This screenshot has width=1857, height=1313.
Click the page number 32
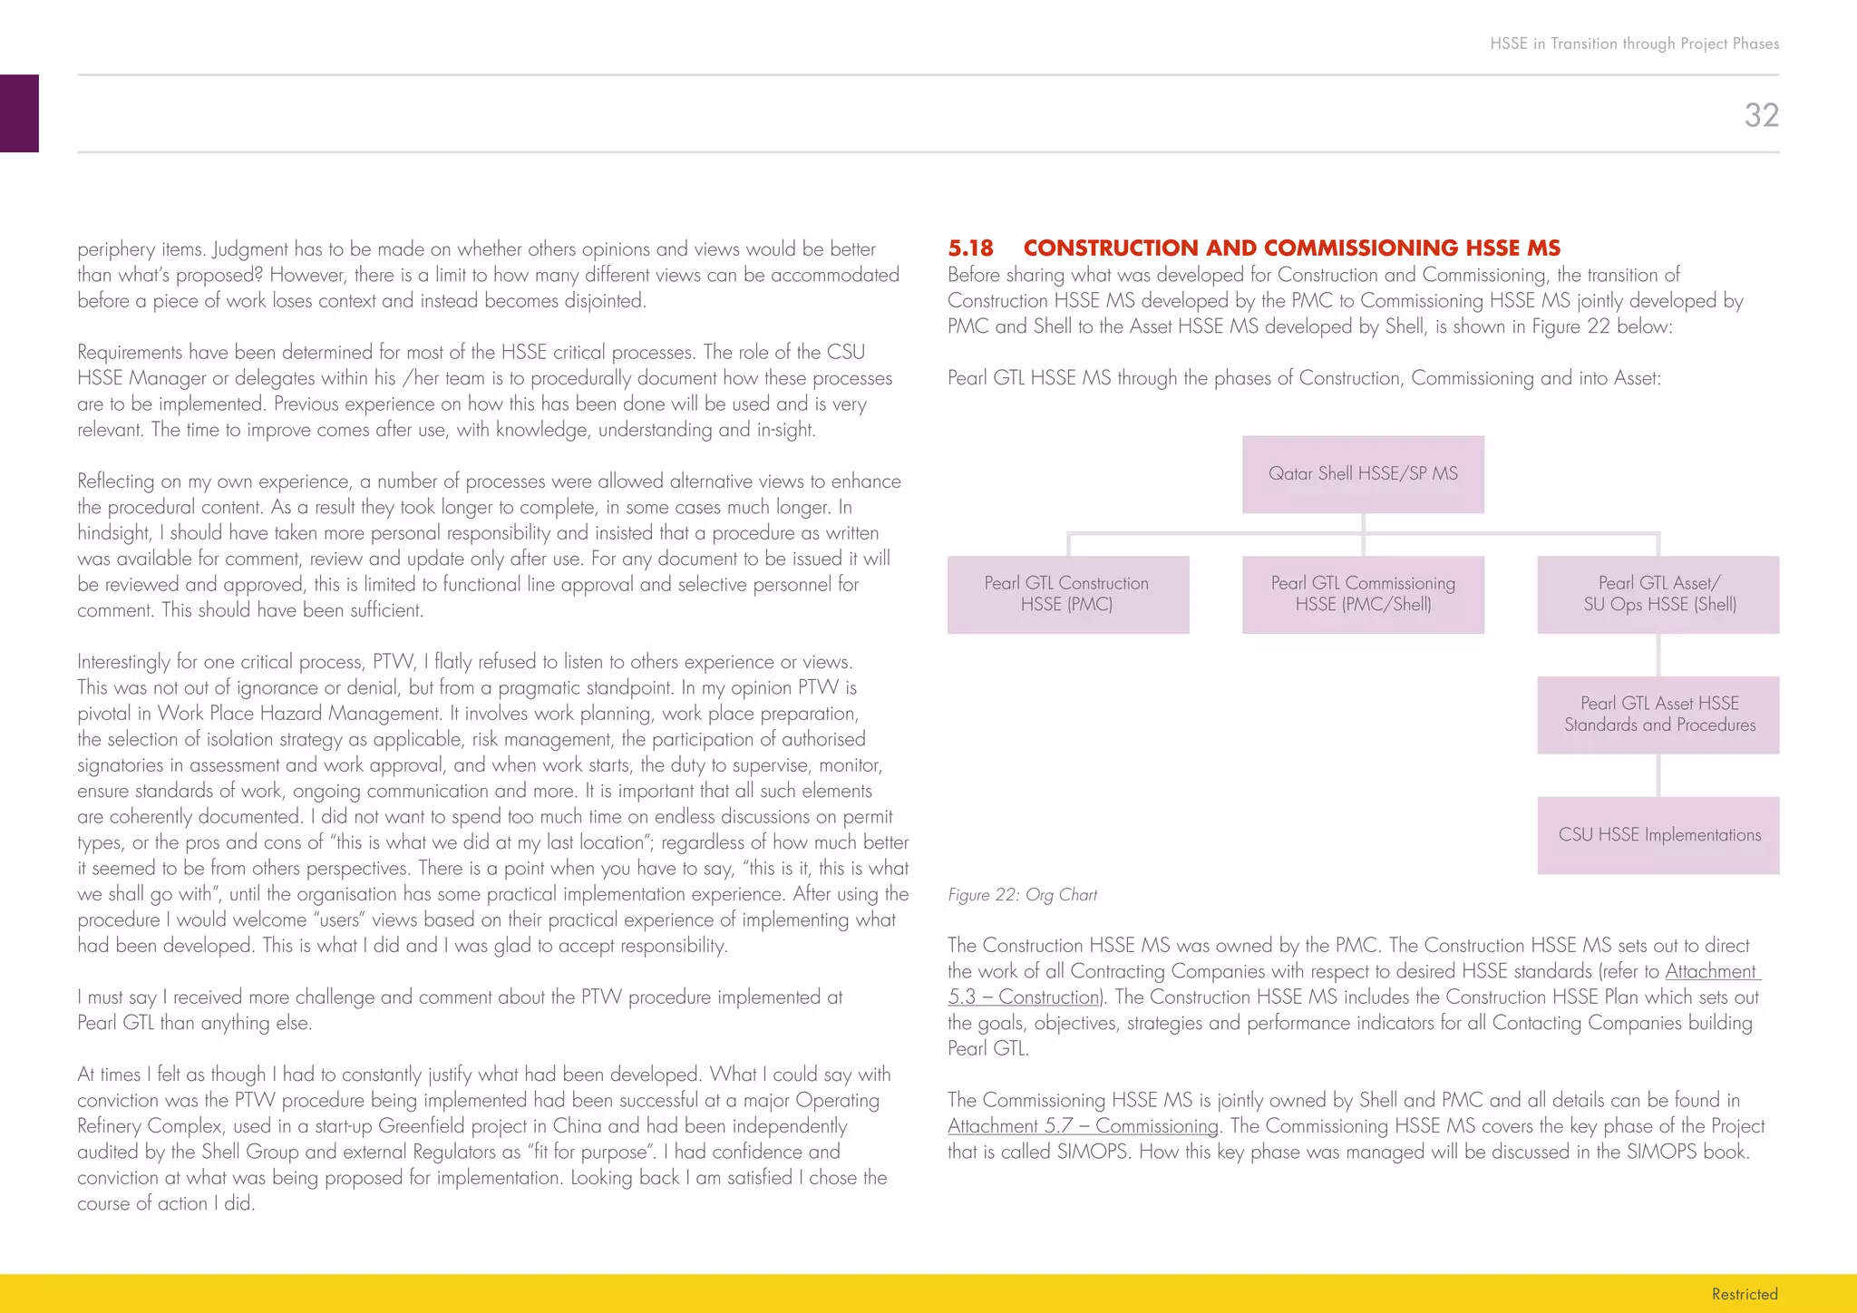(x=1761, y=115)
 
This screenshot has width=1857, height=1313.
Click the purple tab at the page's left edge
(x=19, y=113)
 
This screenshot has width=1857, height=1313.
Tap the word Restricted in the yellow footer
(x=1744, y=1294)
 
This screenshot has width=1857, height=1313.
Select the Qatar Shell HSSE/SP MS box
(x=1363, y=474)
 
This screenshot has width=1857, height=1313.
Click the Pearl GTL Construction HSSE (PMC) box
(x=1067, y=594)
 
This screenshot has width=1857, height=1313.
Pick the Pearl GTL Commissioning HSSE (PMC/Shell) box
(x=1363, y=594)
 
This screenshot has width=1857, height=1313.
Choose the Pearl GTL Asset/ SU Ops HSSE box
(x=1658, y=594)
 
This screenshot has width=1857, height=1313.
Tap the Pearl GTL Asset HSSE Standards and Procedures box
(x=1658, y=715)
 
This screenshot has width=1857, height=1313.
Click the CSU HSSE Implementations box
(x=1658, y=835)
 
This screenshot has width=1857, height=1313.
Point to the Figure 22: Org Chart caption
(x=1022, y=895)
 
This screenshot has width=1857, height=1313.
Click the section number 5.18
(x=970, y=248)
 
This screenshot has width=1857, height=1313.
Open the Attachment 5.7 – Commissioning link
(x=1083, y=1126)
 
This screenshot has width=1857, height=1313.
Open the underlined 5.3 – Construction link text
(x=1023, y=997)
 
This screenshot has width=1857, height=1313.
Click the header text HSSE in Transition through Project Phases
(x=1634, y=44)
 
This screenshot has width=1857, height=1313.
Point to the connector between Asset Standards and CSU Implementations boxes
(x=1658, y=775)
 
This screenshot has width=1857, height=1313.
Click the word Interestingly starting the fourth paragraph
(x=124, y=662)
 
